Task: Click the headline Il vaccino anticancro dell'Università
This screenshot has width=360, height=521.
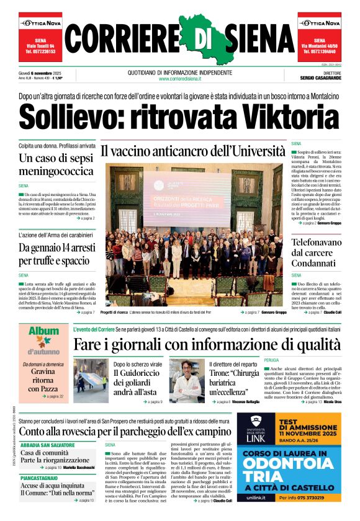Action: (x=193, y=151)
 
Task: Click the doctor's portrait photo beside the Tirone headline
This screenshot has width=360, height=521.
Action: (x=187, y=380)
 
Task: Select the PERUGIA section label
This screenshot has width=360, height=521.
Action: (x=271, y=360)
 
